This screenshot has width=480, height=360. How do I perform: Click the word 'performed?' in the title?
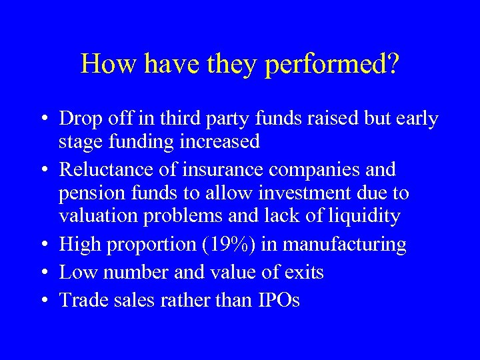(x=332, y=65)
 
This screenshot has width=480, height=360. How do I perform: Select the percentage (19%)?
(x=229, y=245)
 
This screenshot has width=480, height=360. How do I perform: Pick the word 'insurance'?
(x=203, y=169)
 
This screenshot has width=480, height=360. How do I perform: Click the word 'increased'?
(x=223, y=142)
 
